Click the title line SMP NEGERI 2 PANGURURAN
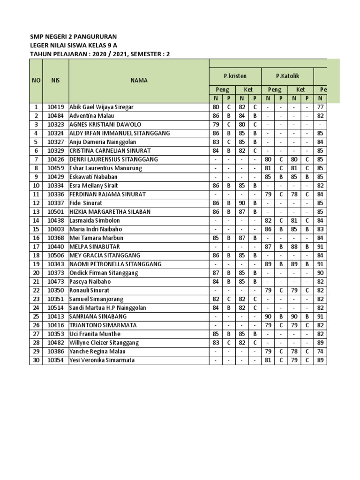[74, 37]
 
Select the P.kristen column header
[235, 76]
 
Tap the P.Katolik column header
[287, 76]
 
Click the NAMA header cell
[139, 80]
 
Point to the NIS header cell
[55, 80]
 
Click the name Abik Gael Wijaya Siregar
[101, 107]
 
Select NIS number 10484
[55, 116]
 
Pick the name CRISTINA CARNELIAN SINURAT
[110, 150]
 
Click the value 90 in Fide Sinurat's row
[242, 203]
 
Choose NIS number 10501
[55, 212]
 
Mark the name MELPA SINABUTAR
[94, 247]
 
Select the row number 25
[36, 316]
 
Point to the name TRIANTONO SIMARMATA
[103, 325]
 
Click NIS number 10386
[55, 352]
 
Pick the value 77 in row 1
[320, 107]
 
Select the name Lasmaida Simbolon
[95, 220]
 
